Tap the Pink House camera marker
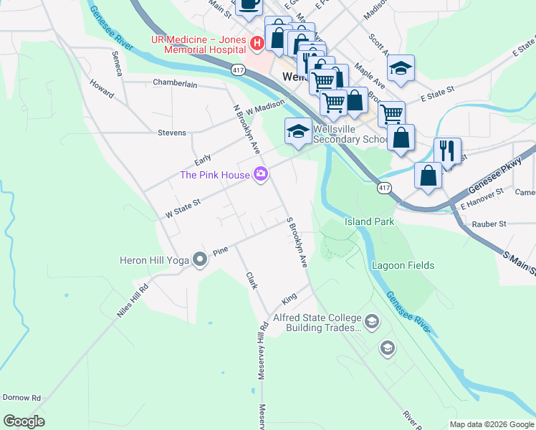[x=262, y=174]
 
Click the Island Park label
[x=369, y=221]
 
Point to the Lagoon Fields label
[x=403, y=265]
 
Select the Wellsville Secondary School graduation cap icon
[x=298, y=131]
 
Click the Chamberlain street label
[x=175, y=83]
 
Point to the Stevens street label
[x=172, y=133]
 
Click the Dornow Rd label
[x=21, y=397]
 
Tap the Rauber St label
[x=489, y=224]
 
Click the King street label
[x=289, y=297]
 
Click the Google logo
[x=24, y=421]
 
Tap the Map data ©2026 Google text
[x=491, y=424]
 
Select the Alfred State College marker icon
[x=371, y=322]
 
